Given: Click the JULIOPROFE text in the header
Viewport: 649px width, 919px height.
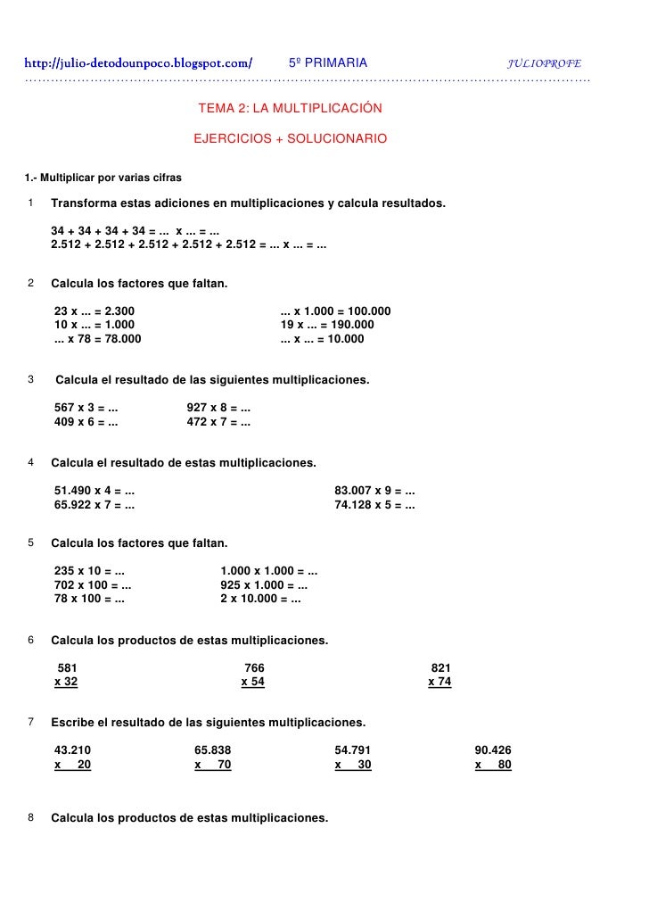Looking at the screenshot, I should pyautogui.click(x=544, y=64).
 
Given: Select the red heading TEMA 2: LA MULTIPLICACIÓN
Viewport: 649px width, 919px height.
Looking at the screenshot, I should pyautogui.click(x=290, y=108).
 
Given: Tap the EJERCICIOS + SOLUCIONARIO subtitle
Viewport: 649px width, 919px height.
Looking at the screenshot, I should pyautogui.click(x=291, y=139).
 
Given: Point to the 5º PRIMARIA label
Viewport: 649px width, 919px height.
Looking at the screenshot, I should pyautogui.click(x=328, y=63).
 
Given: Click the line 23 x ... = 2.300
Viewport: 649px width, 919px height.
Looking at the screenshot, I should pyautogui.click(x=95, y=311).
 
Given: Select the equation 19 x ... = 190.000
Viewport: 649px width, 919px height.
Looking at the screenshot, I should pyautogui.click(x=327, y=325).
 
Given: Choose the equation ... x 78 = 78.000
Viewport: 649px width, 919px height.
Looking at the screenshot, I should pyautogui.click(x=97, y=339).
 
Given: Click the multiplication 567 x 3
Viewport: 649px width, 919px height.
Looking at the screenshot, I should pyautogui.click(x=86, y=408).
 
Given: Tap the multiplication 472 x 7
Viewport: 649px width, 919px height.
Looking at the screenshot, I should pyautogui.click(x=218, y=422).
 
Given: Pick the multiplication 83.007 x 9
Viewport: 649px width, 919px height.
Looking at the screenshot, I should pyautogui.click(x=374, y=491).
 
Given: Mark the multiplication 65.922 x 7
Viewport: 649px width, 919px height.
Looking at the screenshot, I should pyautogui.click(x=94, y=505).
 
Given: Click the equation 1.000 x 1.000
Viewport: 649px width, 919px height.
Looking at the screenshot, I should pyautogui.click(x=269, y=571).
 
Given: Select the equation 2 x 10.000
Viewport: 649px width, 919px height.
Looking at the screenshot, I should pyautogui.click(x=260, y=600).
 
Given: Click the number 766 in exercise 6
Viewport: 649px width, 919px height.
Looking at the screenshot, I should pyautogui.click(x=254, y=667).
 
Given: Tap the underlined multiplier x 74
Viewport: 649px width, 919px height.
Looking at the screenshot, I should pyautogui.click(x=440, y=682).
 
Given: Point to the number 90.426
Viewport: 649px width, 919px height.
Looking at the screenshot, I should pyautogui.click(x=493, y=750).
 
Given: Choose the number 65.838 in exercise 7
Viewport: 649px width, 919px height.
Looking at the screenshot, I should pyautogui.click(x=213, y=750).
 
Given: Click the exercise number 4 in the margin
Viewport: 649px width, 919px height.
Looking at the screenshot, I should pyautogui.click(x=31, y=463).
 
